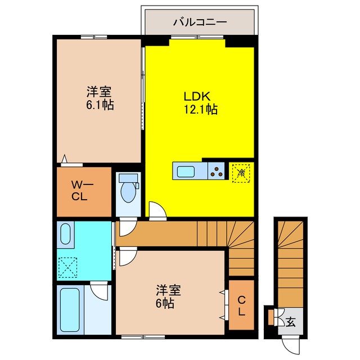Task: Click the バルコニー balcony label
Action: pos(200,23)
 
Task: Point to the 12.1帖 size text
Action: pos(200,110)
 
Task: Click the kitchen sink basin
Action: pos(186,169)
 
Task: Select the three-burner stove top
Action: pos(215,169)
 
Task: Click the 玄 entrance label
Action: pos(291,322)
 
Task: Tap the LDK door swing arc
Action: pos(159,210)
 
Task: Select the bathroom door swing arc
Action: pos(100,291)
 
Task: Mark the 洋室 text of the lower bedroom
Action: pos(168,290)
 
